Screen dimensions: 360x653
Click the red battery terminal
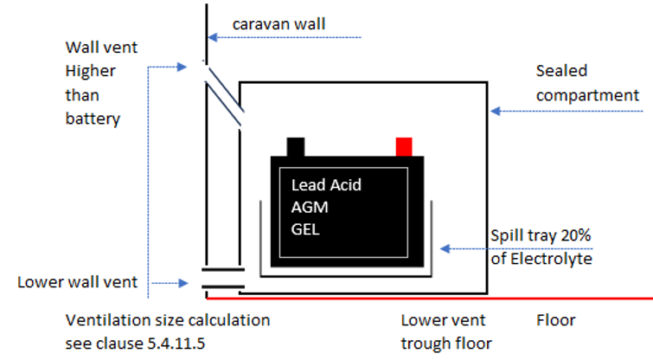coord(404,146)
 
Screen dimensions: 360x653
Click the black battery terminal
coord(296,146)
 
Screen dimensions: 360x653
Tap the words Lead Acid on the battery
coord(326,184)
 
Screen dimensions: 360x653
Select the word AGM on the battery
coord(310,207)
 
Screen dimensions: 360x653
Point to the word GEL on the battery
coord(307,229)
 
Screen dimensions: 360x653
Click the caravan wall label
coord(279,23)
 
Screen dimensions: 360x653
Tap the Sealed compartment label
coord(587,82)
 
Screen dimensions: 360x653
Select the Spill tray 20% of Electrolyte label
coord(541,247)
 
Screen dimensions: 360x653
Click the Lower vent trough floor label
coord(446,331)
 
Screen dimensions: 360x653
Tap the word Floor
coord(555,320)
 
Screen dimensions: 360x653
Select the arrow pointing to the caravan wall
coord(285,38)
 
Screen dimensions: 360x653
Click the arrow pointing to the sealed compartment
coord(562,111)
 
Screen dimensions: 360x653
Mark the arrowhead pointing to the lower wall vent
coord(182,283)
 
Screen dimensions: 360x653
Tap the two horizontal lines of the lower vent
coord(223,278)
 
